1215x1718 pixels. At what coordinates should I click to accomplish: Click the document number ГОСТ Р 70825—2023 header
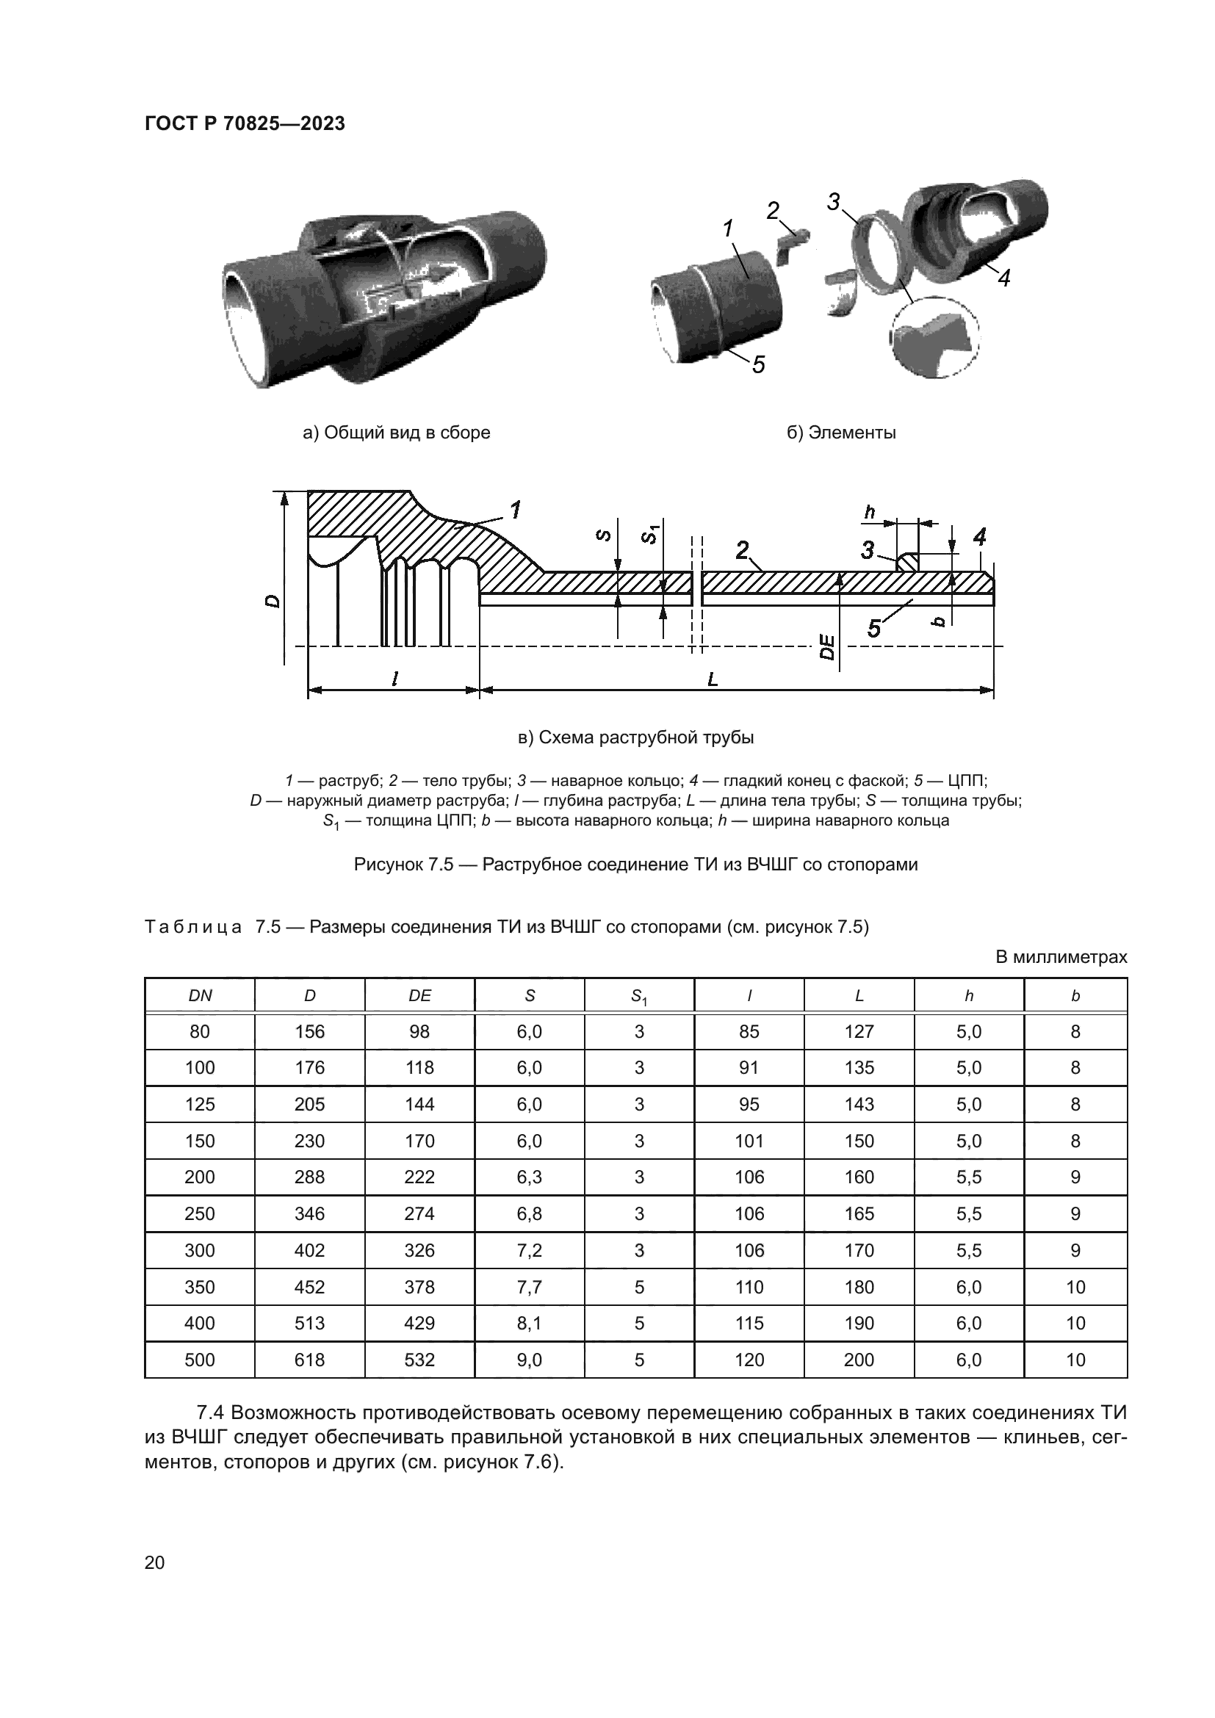245,123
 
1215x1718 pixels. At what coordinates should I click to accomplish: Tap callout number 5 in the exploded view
759,364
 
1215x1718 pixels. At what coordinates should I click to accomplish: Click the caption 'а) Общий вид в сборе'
396,433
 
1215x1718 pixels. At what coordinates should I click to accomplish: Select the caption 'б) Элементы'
841,433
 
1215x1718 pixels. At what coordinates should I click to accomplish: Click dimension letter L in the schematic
713,679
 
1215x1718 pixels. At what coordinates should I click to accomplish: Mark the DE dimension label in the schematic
827,646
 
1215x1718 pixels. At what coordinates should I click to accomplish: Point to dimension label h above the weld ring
869,513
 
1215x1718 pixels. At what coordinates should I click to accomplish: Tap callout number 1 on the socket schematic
515,510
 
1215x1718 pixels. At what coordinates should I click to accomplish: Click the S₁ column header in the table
639,996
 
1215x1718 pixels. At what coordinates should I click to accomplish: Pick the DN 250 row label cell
200,1213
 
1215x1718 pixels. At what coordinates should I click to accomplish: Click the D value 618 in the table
310,1360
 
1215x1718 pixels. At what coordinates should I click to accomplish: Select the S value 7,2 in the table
529,1250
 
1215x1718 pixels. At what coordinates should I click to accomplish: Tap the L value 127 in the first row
859,1032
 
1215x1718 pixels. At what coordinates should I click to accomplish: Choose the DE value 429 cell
419,1323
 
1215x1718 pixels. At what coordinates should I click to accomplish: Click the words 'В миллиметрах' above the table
1061,957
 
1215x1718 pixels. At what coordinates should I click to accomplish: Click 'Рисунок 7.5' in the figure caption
403,865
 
